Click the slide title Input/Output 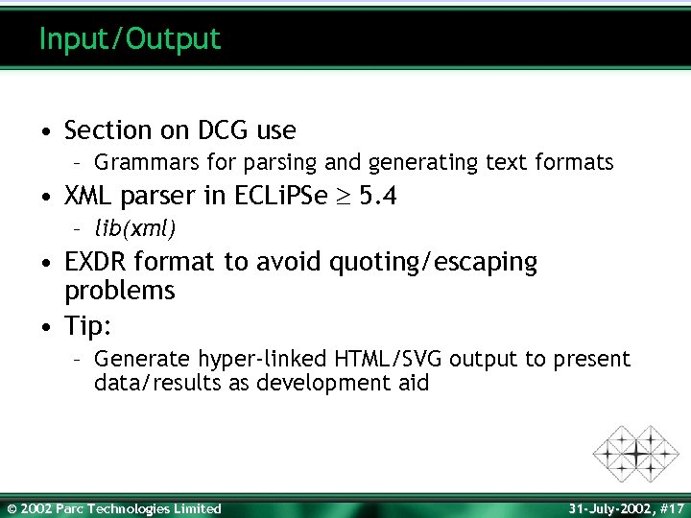(x=130, y=39)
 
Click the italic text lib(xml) (x=134, y=228)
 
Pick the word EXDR (x=97, y=262)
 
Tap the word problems (x=119, y=290)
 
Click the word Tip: (x=88, y=326)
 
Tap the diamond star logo (x=635, y=452)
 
